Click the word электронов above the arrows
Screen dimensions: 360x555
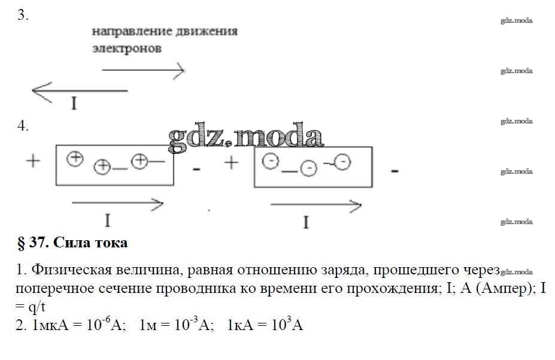pos(126,49)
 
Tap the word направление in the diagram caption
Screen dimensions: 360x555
pos(126,31)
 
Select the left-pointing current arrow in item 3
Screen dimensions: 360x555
pos(79,91)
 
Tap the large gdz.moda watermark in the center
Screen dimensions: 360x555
pos(245,137)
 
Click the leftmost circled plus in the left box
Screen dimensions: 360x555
pos(74,159)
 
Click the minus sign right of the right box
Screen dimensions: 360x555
pos(395,171)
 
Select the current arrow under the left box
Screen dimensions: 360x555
pos(117,204)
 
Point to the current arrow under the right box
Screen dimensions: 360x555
pos(316,207)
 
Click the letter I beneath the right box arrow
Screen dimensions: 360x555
pos(306,223)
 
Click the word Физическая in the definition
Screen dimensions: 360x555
pos(65,271)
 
